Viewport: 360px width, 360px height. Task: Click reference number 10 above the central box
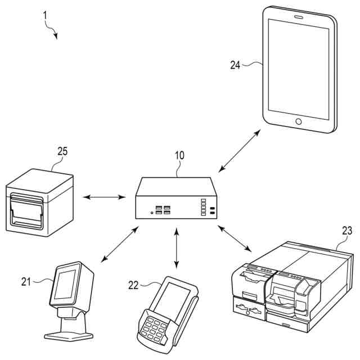point(179,155)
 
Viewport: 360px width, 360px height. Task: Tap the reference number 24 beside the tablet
point(235,65)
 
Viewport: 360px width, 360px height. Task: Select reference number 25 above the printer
point(62,151)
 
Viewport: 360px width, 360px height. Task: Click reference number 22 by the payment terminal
point(133,285)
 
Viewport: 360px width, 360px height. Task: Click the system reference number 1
point(45,16)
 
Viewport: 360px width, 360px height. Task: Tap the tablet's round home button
point(298,121)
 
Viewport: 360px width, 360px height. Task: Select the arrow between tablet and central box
point(239,150)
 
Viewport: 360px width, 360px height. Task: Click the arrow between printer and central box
point(104,197)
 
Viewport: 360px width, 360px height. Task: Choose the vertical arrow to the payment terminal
point(177,247)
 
